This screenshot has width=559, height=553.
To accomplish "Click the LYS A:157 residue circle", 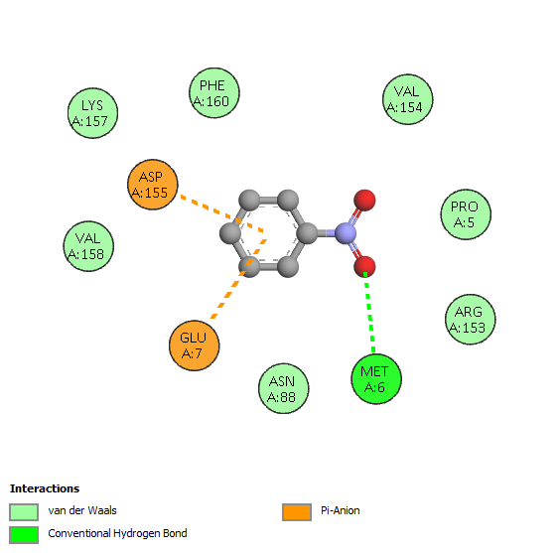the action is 92,113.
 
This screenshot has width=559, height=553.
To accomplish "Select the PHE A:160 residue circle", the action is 213,93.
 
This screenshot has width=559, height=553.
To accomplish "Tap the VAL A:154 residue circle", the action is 407,99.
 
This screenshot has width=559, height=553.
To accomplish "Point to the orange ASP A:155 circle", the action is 153,185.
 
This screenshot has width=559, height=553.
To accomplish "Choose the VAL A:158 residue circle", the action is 88,246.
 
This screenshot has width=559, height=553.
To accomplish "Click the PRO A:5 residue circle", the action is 466,214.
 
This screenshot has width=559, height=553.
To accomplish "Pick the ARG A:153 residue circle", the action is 471,320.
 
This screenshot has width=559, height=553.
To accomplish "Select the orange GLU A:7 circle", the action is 195,346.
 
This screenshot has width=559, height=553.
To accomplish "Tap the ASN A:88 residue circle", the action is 283,388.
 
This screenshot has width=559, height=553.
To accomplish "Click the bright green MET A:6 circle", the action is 376,379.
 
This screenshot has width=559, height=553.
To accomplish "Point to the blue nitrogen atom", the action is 346,233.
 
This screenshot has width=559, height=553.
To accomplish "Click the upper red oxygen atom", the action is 364,200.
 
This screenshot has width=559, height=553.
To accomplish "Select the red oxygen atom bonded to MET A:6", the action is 364,267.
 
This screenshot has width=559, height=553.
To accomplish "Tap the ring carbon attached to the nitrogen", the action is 307,233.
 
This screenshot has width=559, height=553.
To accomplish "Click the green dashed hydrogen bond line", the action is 369,313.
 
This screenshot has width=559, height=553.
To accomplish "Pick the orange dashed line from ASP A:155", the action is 222,213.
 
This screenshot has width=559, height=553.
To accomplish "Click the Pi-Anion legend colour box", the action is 297,512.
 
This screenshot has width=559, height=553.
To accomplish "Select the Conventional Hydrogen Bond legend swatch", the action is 24,535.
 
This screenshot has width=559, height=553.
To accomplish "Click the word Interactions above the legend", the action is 45,488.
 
